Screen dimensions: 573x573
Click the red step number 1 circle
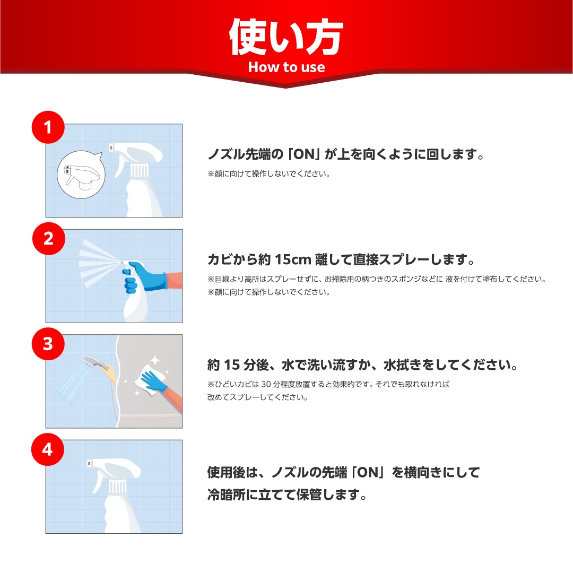(x=48, y=127)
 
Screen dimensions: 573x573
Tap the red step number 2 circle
(x=49, y=239)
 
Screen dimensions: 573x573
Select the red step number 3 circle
(x=48, y=344)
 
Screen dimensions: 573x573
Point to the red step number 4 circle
(x=48, y=449)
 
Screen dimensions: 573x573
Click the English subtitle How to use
(x=286, y=67)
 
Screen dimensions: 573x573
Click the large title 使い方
(x=286, y=37)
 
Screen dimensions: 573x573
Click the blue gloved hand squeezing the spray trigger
(x=144, y=276)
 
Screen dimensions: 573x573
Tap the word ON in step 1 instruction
(x=304, y=154)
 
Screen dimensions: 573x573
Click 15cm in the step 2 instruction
(x=293, y=259)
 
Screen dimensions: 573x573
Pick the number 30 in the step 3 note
(x=266, y=384)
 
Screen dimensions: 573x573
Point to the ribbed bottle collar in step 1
(x=140, y=171)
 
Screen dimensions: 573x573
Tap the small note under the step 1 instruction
(x=269, y=174)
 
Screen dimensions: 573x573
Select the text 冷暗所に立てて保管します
(x=287, y=494)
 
